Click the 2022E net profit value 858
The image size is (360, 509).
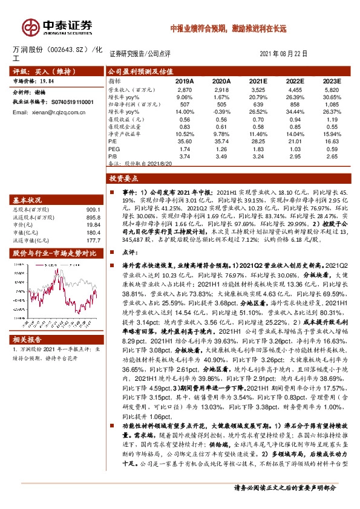coord(295,104)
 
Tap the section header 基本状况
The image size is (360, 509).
coord(27,199)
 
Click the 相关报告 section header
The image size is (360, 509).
coord(27,340)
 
